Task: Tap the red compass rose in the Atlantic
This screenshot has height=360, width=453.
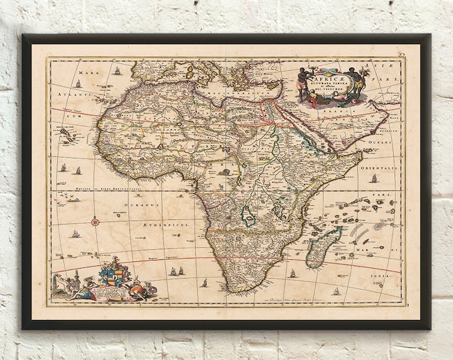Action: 95,221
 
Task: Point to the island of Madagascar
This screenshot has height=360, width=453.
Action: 323,245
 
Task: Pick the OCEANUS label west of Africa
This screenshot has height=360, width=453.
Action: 142,215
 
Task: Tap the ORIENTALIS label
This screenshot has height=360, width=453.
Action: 378,169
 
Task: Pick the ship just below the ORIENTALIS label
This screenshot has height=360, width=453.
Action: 374,179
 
